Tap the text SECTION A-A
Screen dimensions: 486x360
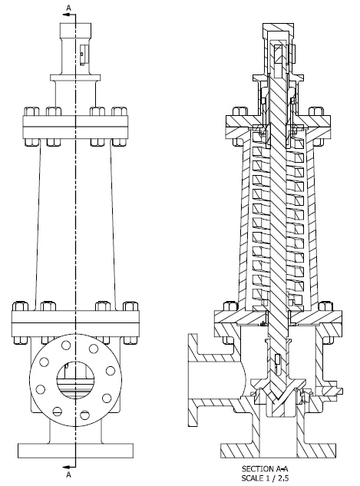click(x=264, y=468)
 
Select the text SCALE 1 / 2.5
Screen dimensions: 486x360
click(x=264, y=476)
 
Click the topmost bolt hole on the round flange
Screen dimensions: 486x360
click(x=75, y=343)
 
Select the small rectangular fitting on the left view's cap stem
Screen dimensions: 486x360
click(x=84, y=53)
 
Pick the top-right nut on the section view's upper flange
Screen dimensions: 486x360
click(x=315, y=113)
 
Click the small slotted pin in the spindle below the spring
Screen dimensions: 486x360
click(x=276, y=360)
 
